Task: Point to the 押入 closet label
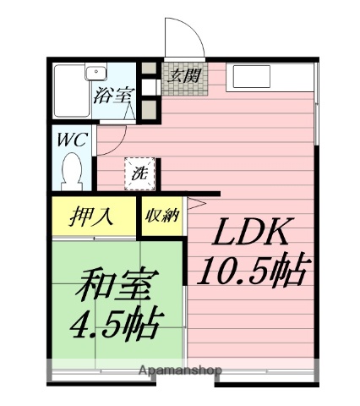tap(91, 217)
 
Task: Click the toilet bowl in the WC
tap(74, 176)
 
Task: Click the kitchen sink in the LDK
tap(254, 78)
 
